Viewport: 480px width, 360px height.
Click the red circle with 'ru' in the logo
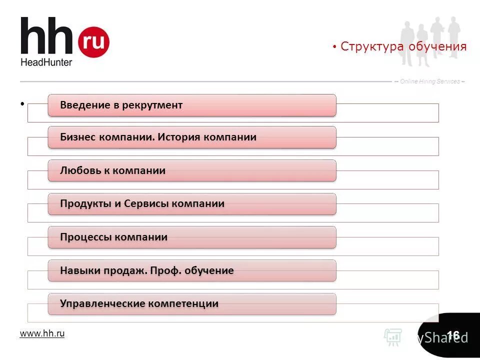[x=93, y=41]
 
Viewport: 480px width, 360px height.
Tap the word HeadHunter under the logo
[x=46, y=62]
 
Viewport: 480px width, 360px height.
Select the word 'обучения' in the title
[x=437, y=47]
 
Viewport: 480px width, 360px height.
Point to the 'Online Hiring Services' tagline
[x=430, y=81]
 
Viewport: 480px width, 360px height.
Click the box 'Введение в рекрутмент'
[x=192, y=105]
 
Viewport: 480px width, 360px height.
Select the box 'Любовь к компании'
[x=192, y=170]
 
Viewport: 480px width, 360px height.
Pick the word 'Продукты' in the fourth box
[x=82, y=203]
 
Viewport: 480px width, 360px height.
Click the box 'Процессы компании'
[x=192, y=237]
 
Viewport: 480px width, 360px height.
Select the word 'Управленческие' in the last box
[x=100, y=303]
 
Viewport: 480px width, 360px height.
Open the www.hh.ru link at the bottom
[x=42, y=333]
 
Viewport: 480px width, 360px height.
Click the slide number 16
[x=453, y=335]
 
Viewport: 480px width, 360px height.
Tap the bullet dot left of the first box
[x=22, y=104]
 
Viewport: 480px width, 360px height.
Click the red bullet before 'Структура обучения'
[x=334, y=47]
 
